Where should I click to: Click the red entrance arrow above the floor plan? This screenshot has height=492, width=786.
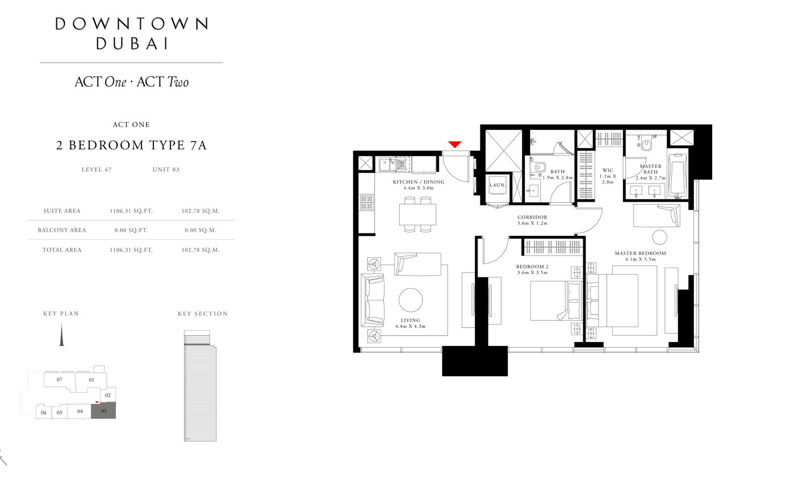[x=455, y=144]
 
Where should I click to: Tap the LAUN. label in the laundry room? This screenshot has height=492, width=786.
[x=497, y=185]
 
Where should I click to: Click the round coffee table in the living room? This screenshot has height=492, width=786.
[x=411, y=300]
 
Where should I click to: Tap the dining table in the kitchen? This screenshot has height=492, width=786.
[x=417, y=214]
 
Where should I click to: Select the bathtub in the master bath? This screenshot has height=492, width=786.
[x=678, y=175]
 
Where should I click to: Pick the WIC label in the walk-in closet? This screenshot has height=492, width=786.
[x=608, y=170]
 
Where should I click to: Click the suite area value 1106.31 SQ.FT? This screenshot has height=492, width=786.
[x=131, y=211]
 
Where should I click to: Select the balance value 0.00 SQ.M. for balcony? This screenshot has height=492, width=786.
[x=200, y=230]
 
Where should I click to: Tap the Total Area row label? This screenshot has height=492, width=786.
[x=62, y=250]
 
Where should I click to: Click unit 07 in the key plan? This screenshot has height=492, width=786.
[x=59, y=380]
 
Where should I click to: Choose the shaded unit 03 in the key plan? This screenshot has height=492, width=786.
[x=103, y=411]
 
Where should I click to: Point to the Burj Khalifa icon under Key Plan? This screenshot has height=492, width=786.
[x=61, y=335]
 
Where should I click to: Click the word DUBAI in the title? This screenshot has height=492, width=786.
[x=132, y=44]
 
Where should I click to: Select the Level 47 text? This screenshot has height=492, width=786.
[x=97, y=169]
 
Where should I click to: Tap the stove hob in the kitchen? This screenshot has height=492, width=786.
[x=367, y=202]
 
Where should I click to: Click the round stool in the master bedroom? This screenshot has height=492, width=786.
[x=660, y=237]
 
